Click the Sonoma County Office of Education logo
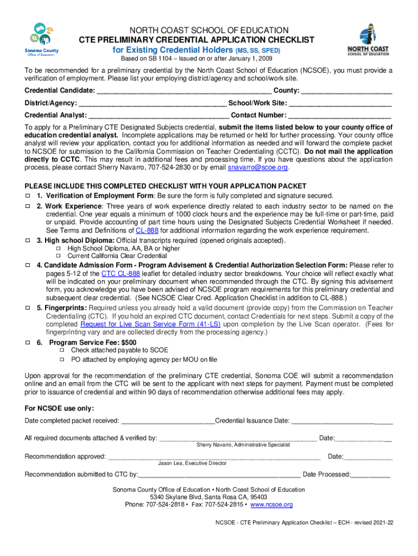click(x=42, y=39)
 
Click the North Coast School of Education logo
click(x=368, y=39)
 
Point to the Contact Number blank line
click(x=339, y=116)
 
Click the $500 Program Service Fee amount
click(x=129, y=343)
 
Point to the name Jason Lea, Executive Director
click(x=192, y=463)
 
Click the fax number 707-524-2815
click(x=222, y=504)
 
